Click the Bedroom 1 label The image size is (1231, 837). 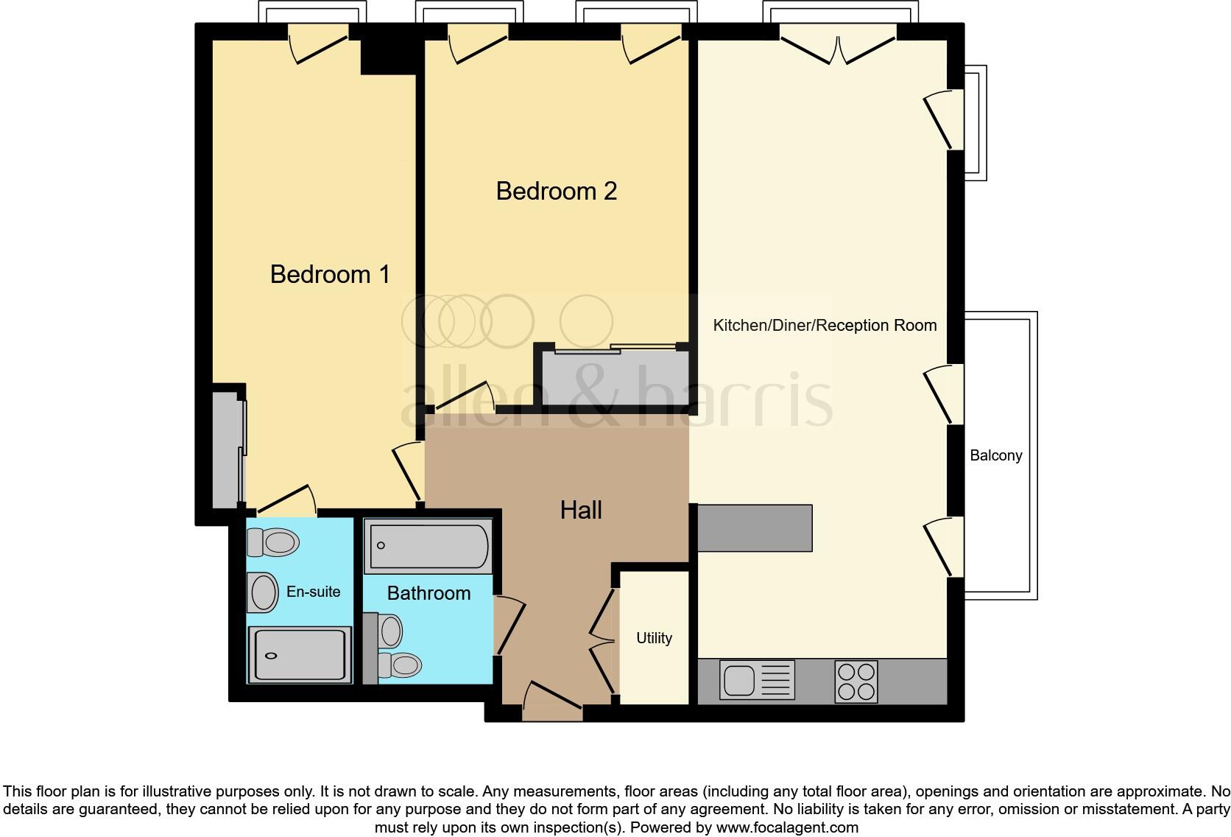(x=329, y=274)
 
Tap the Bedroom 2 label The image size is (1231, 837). (x=556, y=191)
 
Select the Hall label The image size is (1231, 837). (x=581, y=510)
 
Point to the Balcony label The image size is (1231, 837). (x=995, y=455)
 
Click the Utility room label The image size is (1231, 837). (x=654, y=638)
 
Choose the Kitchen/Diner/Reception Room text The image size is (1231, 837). (x=825, y=325)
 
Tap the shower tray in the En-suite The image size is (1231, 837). (x=299, y=654)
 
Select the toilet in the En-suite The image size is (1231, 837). (x=274, y=543)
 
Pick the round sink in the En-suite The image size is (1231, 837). (x=263, y=592)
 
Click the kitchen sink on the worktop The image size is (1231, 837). (x=757, y=679)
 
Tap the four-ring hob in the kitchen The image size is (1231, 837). (x=856, y=682)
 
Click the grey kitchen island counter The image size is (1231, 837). (x=754, y=528)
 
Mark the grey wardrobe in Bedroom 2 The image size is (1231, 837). (x=615, y=378)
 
